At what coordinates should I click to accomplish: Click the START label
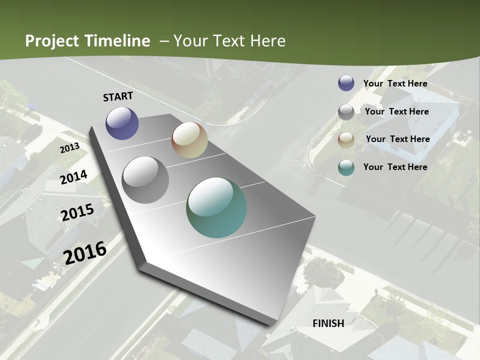118,96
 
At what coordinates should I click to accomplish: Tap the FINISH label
328,323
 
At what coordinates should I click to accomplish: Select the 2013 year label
69,148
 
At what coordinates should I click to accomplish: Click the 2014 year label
74,177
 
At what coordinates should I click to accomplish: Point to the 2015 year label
77,212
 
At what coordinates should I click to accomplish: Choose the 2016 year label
85,252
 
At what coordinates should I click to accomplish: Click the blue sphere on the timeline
122,123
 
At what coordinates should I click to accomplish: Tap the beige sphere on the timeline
189,140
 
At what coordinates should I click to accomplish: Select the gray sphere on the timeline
145,180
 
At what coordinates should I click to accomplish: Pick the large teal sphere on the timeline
216,207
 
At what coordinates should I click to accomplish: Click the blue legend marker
346,83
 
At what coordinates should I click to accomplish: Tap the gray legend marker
346,112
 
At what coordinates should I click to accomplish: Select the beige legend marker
346,140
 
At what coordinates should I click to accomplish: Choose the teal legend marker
346,168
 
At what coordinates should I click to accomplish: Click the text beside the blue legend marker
395,84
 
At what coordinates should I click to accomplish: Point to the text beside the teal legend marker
395,167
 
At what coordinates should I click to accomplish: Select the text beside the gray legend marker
396,111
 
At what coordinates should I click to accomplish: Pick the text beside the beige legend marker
397,139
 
